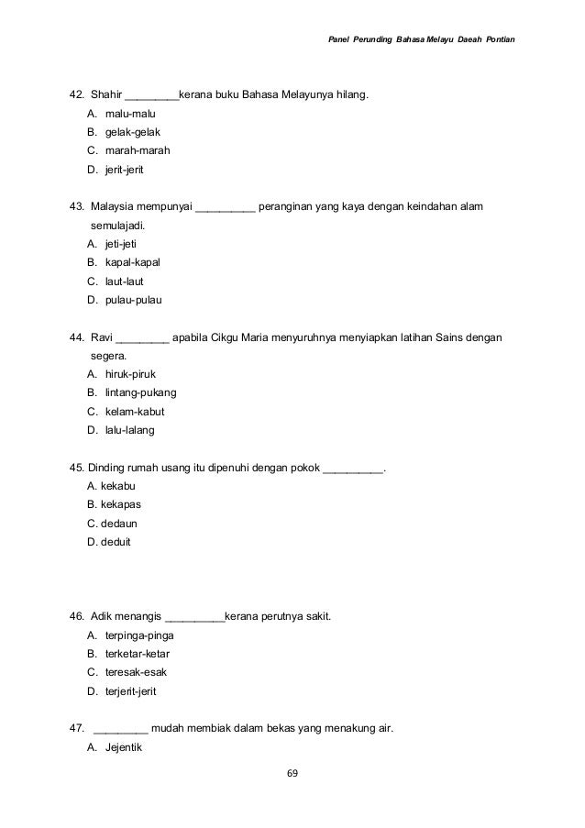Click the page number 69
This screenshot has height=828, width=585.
[292, 773]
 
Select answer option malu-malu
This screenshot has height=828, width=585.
[129, 114]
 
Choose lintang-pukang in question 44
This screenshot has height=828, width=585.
[141, 392]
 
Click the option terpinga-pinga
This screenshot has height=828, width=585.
[140, 635]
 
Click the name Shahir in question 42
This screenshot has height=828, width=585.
[106, 94]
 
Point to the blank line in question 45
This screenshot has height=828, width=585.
[353, 468]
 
